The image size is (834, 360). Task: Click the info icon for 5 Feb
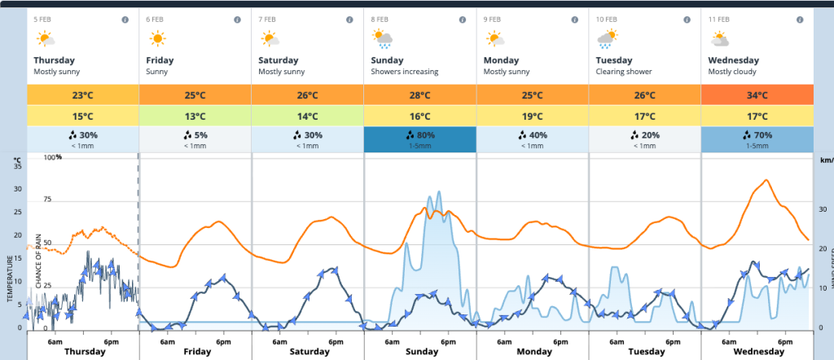tap(125, 19)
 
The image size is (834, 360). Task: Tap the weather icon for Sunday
tap(381, 38)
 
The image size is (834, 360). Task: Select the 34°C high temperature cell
tap(757, 94)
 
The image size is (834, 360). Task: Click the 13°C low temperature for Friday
tap(195, 116)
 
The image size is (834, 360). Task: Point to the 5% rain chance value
tap(195, 135)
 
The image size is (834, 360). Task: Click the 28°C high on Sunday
tap(419, 94)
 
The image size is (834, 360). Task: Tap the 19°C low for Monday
tap(532, 116)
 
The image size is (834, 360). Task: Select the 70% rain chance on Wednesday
tap(757, 136)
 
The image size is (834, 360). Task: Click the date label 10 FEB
tap(607, 19)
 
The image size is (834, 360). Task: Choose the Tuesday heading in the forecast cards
tap(613, 60)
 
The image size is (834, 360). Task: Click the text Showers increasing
tap(404, 72)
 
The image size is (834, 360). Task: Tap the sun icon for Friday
tap(157, 38)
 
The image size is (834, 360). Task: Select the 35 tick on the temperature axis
tap(18, 165)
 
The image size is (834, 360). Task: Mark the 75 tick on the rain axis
tap(47, 200)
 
